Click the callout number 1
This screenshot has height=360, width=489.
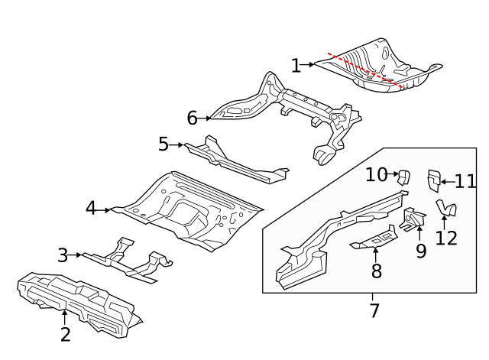pyautogui.click(x=296, y=66)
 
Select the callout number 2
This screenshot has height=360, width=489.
pyautogui.click(x=66, y=334)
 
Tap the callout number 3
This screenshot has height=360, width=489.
pyautogui.click(x=63, y=255)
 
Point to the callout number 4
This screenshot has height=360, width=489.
pyautogui.click(x=91, y=208)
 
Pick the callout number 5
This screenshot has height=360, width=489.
pyautogui.click(x=164, y=144)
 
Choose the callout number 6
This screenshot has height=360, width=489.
pyautogui.click(x=193, y=118)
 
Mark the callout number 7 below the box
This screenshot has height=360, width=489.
pyautogui.click(x=374, y=311)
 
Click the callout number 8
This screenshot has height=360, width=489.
pyautogui.click(x=376, y=271)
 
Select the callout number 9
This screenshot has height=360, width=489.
pyautogui.click(x=421, y=250)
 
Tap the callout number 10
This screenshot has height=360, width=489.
pyautogui.click(x=376, y=174)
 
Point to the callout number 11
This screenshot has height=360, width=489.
pyautogui.click(x=465, y=182)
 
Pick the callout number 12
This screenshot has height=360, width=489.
pyautogui.click(x=446, y=238)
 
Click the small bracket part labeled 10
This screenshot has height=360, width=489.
pyautogui.click(x=403, y=177)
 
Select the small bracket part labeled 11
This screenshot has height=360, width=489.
pyautogui.click(x=432, y=180)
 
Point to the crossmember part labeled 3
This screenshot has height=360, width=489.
pyautogui.click(x=126, y=260)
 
